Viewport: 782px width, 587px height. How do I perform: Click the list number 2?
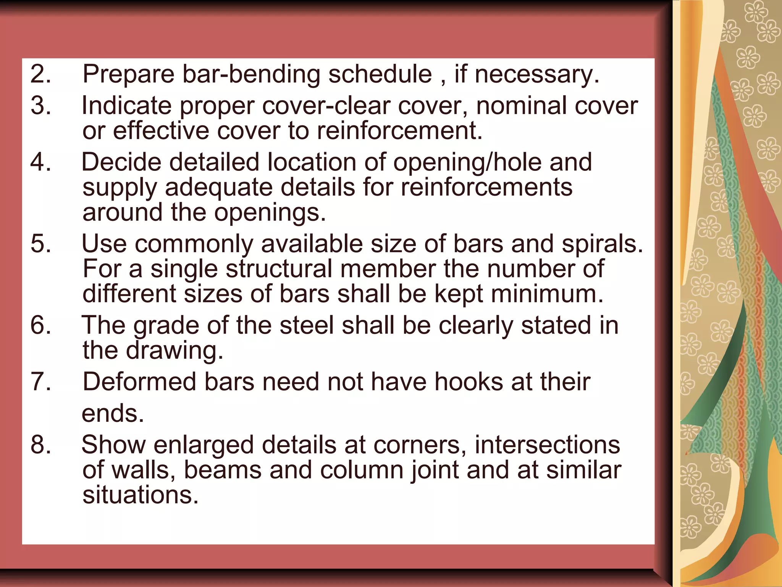(x=40, y=74)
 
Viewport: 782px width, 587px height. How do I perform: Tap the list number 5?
(x=40, y=243)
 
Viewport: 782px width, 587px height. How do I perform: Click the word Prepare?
(x=128, y=75)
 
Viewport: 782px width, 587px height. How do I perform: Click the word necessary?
(x=536, y=75)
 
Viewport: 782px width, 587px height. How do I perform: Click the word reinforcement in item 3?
(x=399, y=131)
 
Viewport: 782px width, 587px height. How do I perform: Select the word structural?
(x=279, y=269)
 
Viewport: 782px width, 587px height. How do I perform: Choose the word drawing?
(x=174, y=351)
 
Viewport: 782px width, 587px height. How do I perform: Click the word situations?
(x=141, y=495)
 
